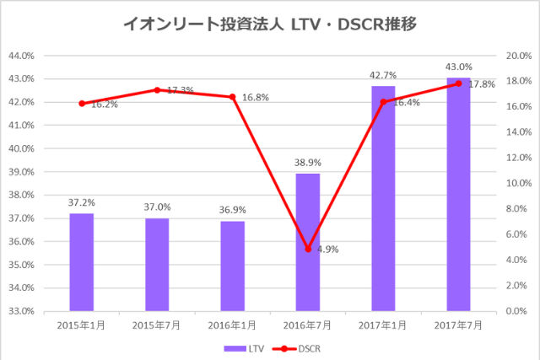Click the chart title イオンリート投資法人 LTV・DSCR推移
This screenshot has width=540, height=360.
(x=269, y=25)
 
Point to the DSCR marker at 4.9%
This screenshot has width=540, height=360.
(x=308, y=249)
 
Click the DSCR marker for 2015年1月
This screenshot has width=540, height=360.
(x=82, y=104)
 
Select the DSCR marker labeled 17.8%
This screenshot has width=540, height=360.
(x=458, y=83)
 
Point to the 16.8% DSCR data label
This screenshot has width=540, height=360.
(x=255, y=98)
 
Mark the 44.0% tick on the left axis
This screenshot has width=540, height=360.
(x=20, y=56)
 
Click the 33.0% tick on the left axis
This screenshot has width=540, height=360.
(x=20, y=311)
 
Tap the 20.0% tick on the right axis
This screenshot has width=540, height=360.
(x=516, y=56)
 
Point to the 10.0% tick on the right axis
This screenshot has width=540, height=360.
(x=516, y=183)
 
